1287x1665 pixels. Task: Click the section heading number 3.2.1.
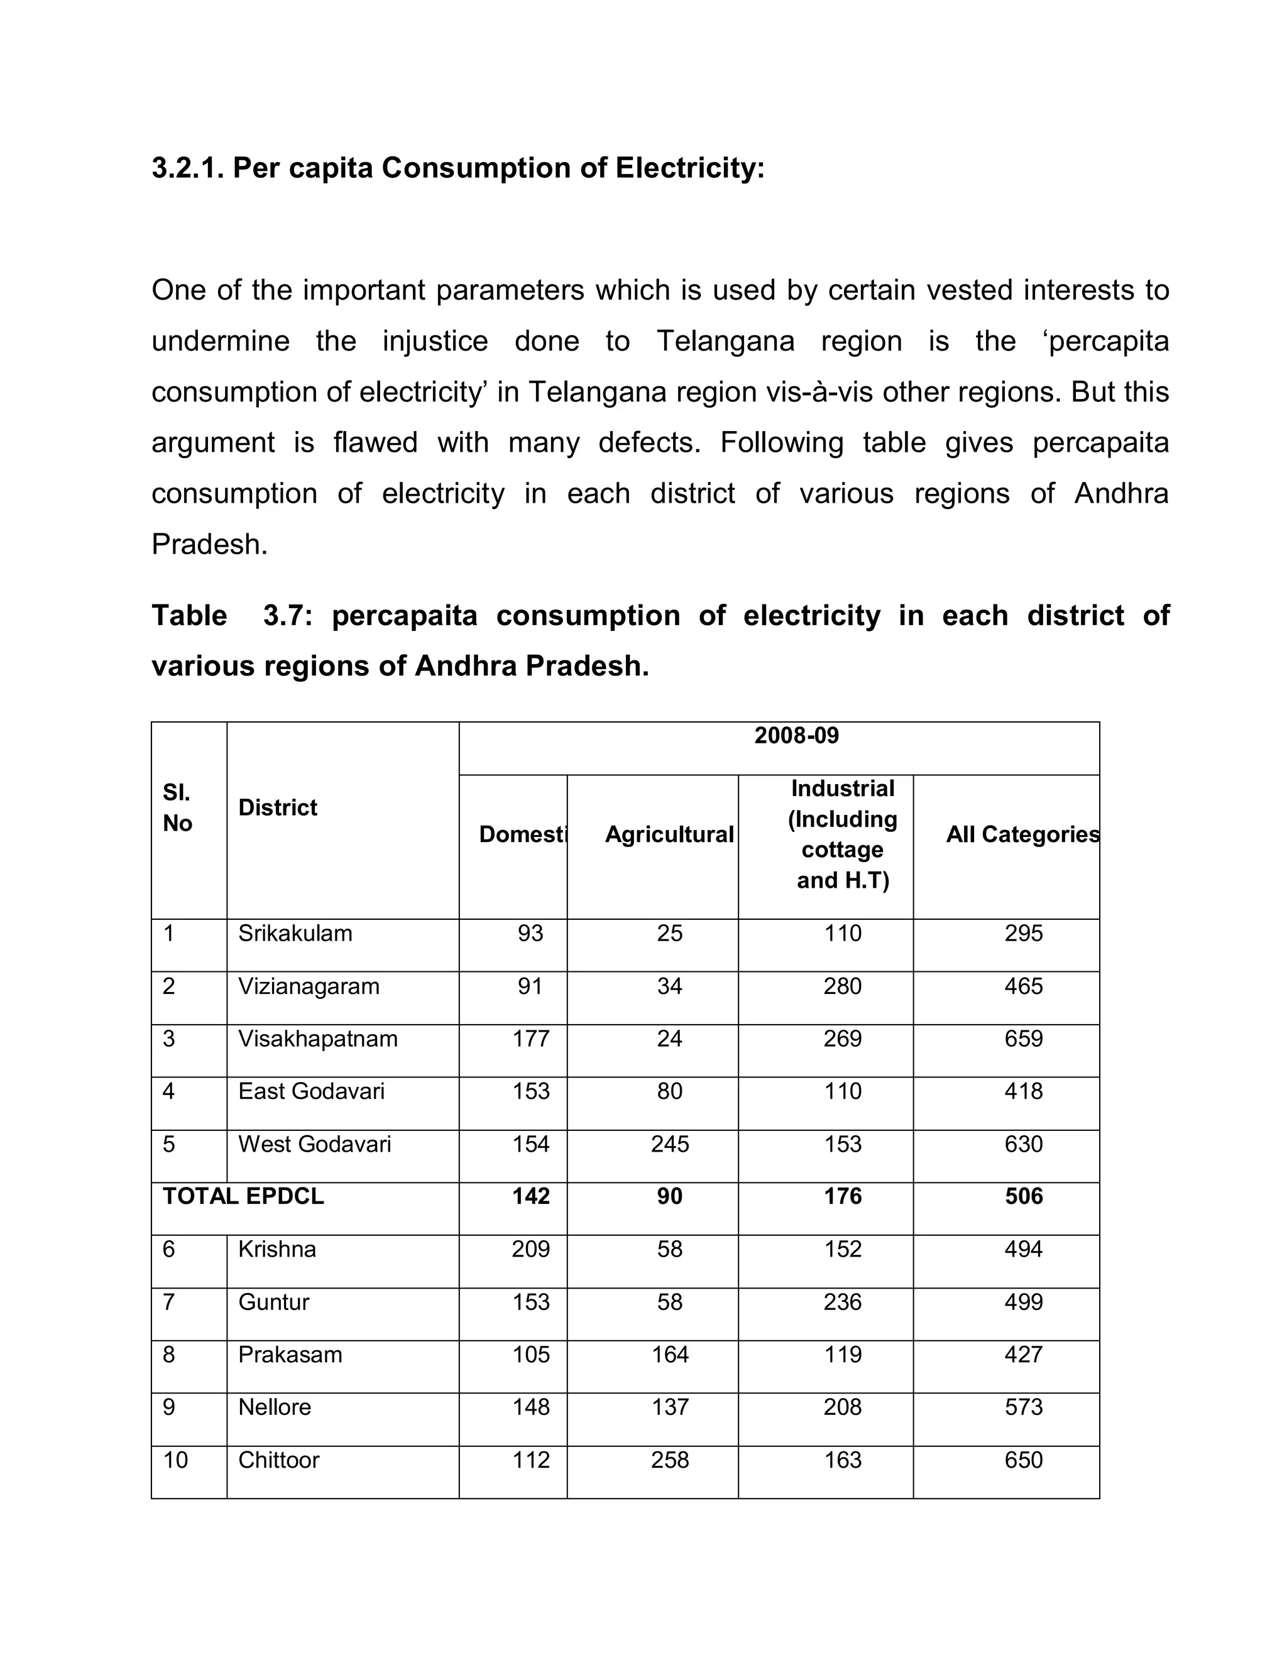(187, 168)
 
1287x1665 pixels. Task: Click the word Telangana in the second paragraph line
(725, 341)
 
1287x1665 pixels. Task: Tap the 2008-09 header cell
(796, 736)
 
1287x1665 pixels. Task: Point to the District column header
(278, 808)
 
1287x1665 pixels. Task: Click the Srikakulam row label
(295, 934)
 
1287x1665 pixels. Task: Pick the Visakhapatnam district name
(318, 1039)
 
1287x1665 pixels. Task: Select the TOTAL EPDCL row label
(243, 1196)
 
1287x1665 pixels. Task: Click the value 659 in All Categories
(1023, 1039)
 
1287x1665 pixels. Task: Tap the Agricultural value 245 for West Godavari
(669, 1144)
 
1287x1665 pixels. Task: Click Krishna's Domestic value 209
(530, 1250)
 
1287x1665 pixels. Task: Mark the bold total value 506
(1023, 1196)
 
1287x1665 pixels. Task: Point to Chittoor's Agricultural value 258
(669, 1460)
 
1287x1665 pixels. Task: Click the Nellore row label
(275, 1407)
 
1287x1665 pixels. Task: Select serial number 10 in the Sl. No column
(175, 1460)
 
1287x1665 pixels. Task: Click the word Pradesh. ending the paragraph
(210, 544)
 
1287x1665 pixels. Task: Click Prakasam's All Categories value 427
(1023, 1355)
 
